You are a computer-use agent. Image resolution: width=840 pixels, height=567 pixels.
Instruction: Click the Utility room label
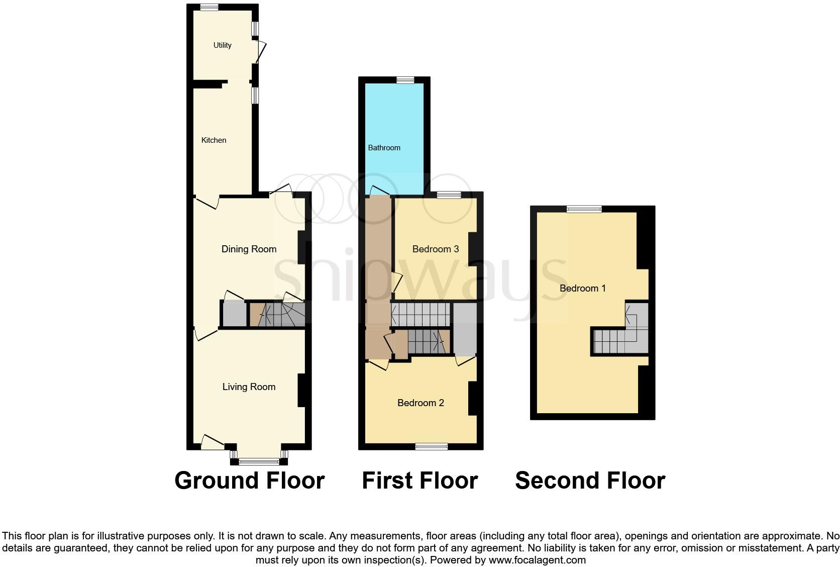pyautogui.click(x=222, y=45)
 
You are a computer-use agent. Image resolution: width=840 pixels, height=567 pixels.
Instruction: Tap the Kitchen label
pyautogui.click(x=214, y=140)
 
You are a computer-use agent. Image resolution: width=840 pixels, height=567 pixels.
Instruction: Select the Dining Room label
pyautogui.click(x=249, y=249)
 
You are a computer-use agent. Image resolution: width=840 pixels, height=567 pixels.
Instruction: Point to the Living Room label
pyautogui.click(x=249, y=387)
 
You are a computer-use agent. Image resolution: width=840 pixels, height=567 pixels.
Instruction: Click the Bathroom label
pyautogui.click(x=384, y=148)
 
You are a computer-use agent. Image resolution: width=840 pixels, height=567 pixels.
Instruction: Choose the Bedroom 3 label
pyautogui.click(x=435, y=249)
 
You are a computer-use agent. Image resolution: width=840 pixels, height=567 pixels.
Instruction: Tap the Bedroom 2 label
pyautogui.click(x=421, y=403)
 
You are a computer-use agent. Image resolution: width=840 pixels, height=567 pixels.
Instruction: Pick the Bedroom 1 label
pyautogui.click(x=582, y=289)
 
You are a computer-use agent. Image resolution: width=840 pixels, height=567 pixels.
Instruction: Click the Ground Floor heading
pyautogui.click(x=249, y=481)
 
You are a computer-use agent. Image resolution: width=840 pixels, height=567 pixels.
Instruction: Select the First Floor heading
pyautogui.click(x=419, y=481)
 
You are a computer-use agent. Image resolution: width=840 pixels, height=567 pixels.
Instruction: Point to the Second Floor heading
pyautogui.click(x=590, y=481)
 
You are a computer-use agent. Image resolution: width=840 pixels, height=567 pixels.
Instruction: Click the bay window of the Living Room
pyautogui.click(x=259, y=461)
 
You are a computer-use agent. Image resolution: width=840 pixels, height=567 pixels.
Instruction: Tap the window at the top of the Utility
pyautogui.click(x=208, y=8)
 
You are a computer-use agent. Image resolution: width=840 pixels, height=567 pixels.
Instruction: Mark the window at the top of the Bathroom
pyautogui.click(x=404, y=80)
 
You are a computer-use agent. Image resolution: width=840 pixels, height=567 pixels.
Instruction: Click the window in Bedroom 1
pyautogui.click(x=584, y=209)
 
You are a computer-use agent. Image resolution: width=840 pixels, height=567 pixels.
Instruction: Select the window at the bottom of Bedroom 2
pyautogui.click(x=432, y=446)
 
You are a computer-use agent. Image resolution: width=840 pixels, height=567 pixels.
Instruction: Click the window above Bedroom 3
pyautogui.click(x=449, y=195)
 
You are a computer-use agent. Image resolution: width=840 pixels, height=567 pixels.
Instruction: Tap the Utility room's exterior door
pyautogui.click(x=261, y=52)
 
